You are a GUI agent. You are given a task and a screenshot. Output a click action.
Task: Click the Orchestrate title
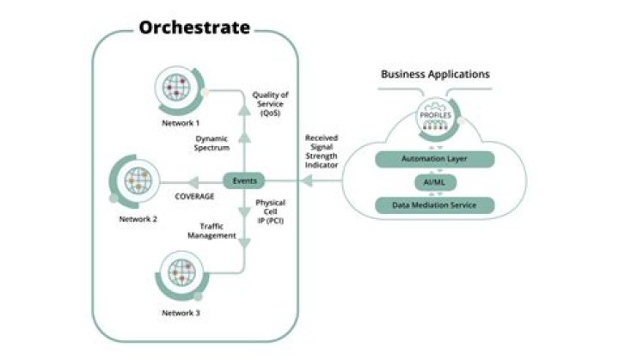pos(194,27)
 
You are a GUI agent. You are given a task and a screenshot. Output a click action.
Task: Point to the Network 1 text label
pos(181,122)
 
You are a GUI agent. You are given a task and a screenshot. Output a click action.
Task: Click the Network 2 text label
pos(138,219)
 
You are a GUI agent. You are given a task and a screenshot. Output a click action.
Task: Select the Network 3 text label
pos(181,312)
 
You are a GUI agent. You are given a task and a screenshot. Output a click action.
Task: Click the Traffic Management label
pos(211,230)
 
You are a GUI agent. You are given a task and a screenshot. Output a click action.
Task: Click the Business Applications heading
pos(435,74)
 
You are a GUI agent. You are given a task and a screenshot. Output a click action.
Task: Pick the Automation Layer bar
pos(435,160)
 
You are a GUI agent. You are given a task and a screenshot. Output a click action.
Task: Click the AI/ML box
pos(435,182)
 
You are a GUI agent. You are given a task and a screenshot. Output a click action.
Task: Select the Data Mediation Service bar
pos(435,204)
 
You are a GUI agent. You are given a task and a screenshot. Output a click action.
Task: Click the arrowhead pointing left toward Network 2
pos(196,181)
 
